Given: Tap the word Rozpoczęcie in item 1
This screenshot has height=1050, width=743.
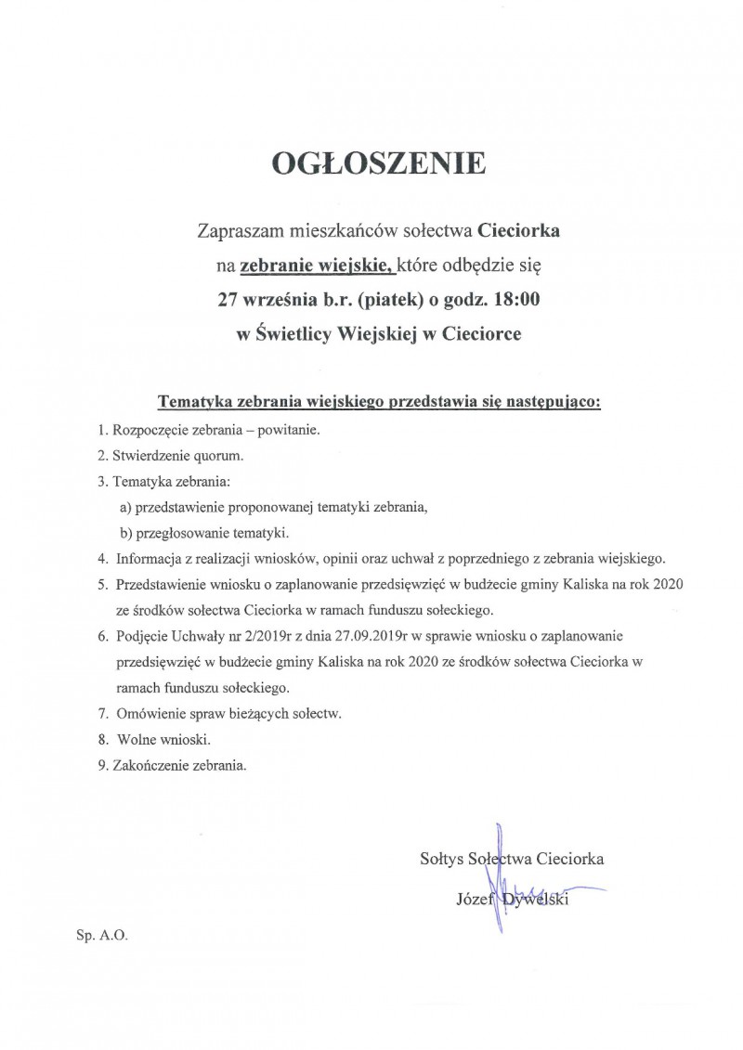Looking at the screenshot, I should (x=149, y=432).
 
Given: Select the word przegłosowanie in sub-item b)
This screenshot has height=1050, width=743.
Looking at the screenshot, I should (x=180, y=533).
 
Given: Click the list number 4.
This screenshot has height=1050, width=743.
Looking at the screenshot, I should (x=101, y=559).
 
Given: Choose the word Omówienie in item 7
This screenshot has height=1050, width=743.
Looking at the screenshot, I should (x=150, y=714).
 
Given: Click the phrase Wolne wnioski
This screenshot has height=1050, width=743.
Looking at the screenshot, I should (x=164, y=740).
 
